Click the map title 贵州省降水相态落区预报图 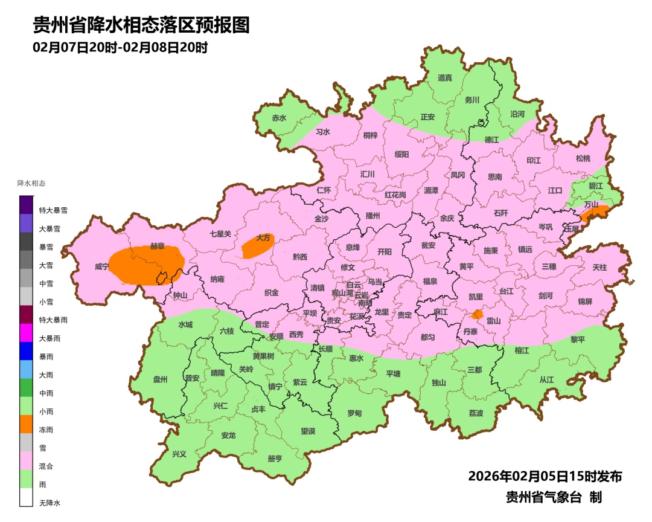click(x=141, y=25)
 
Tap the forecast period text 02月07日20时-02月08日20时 click(x=120, y=47)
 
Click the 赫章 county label click(x=158, y=246)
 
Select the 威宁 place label click(x=102, y=266)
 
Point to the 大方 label click(x=263, y=238)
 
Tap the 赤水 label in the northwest click(x=278, y=118)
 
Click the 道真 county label click(x=445, y=78)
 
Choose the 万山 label click(x=591, y=205)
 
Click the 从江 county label click(x=546, y=379)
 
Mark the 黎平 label click(x=578, y=340)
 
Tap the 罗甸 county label click(x=354, y=413)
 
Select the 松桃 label click(x=583, y=158)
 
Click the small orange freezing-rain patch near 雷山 click(x=477, y=314)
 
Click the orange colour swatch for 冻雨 click(x=26, y=424)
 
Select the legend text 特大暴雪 click(x=53, y=210)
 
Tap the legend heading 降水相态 click(x=31, y=183)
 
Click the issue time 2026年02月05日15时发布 click(x=545, y=476)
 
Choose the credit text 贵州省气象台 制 click(x=554, y=497)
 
